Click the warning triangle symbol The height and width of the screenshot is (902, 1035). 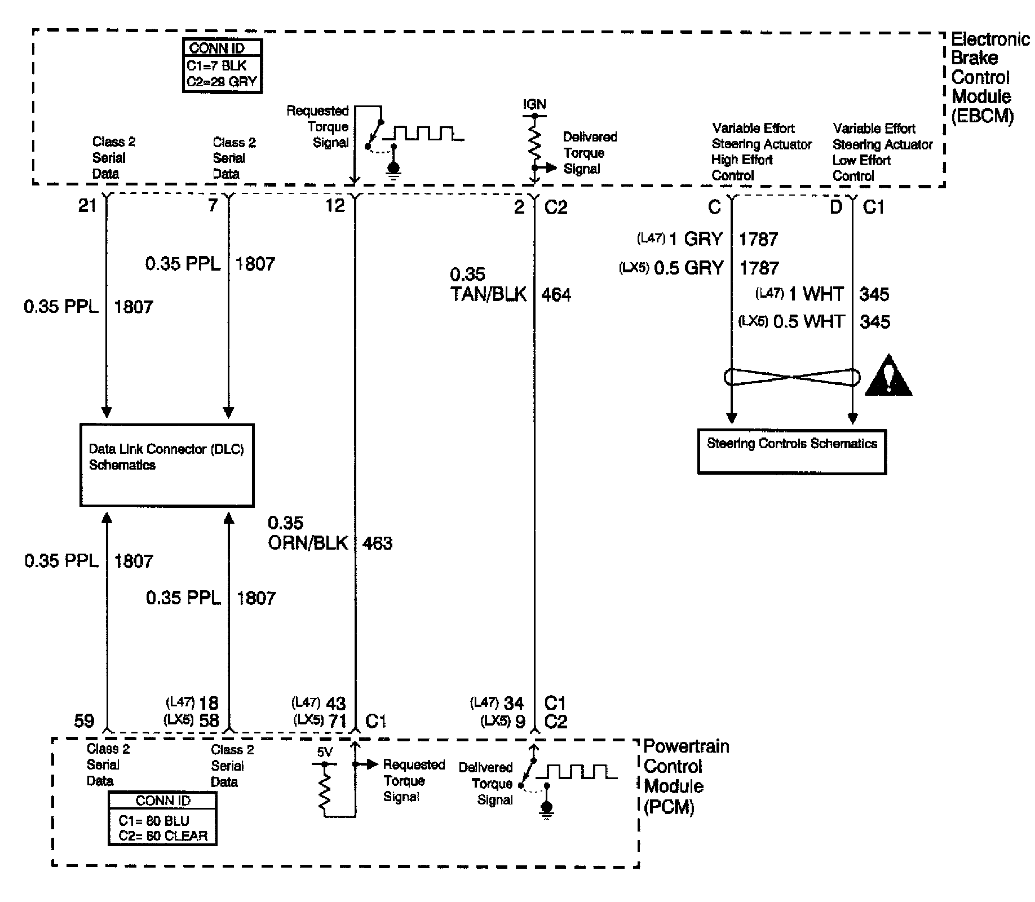point(888,377)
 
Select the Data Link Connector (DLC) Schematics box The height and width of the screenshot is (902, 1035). point(167,465)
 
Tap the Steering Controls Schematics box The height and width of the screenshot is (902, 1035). point(792,452)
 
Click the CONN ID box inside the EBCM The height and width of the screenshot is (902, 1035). point(222,65)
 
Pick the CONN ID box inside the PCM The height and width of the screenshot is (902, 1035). point(162,819)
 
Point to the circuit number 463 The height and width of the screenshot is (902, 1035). point(377,543)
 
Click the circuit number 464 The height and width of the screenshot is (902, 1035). point(556,294)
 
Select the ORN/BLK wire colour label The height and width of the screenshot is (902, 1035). point(308,543)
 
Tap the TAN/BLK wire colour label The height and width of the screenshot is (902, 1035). point(488,294)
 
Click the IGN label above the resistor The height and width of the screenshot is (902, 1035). point(534,105)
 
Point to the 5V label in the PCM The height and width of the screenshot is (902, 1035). point(325,752)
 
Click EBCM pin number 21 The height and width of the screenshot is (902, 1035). point(87,206)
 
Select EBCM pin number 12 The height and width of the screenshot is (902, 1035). point(335,206)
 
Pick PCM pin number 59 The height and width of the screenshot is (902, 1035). point(85,720)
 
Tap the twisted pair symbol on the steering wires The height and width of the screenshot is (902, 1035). point(792,377)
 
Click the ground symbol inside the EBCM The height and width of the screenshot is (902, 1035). point(393,169)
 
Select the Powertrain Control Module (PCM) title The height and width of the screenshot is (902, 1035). point(685,776)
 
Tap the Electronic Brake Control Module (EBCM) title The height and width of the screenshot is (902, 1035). point(989,77)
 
